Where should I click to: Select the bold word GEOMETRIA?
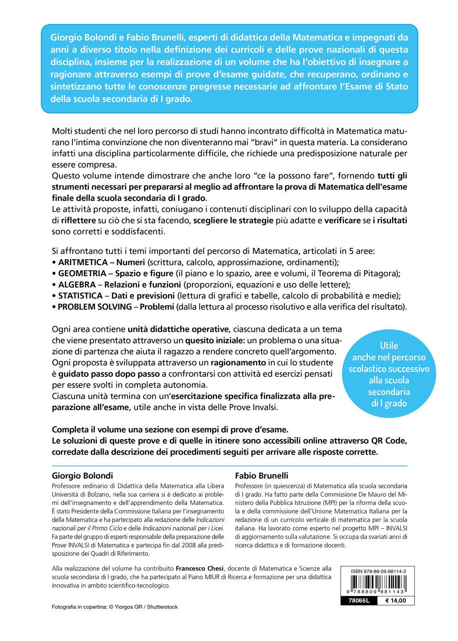82,273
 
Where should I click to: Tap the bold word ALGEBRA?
77,284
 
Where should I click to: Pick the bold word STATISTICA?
80,296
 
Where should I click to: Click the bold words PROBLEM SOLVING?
94,307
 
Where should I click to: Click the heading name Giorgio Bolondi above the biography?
82,476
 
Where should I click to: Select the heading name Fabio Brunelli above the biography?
262,476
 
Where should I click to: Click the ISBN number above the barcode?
378,571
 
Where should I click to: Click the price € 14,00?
395,601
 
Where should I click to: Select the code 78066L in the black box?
359,601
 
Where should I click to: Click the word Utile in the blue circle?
389,346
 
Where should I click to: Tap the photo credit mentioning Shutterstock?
114,607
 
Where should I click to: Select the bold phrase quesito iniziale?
215,340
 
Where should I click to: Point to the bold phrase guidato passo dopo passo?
109,374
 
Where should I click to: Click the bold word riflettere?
78,220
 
